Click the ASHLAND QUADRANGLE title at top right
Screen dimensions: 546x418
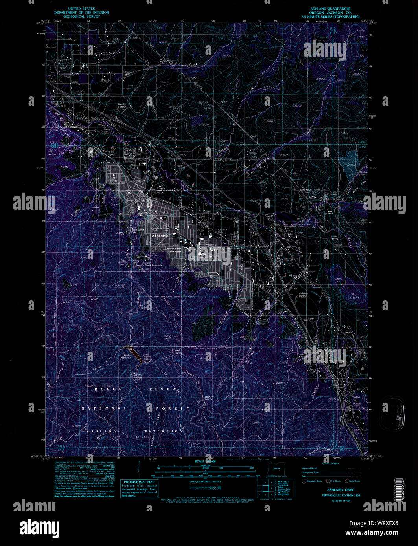[330, 9]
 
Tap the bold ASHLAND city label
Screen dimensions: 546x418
[160, 235]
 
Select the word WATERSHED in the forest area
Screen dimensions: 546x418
[163, 431]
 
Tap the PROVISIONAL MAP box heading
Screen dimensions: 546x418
[139, 482]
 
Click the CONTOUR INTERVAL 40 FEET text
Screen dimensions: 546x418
[205, 482]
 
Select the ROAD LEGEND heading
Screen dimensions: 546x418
[330, 464]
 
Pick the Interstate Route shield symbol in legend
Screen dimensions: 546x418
[304, 481]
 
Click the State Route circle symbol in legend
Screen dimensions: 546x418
[346, 481]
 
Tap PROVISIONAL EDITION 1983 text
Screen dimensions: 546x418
[341, 495]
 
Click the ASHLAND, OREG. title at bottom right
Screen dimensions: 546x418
[341, 490]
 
